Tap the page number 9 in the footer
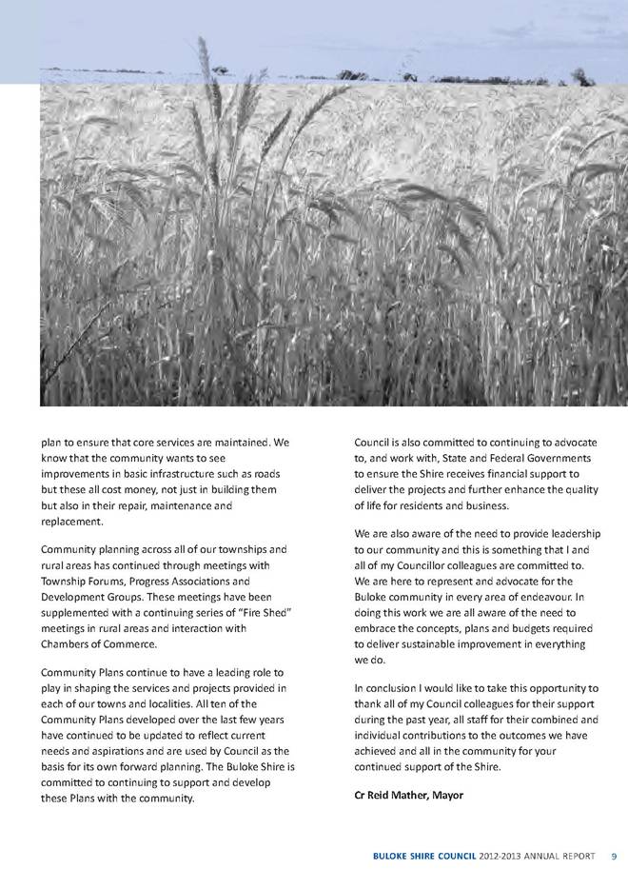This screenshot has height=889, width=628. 615,856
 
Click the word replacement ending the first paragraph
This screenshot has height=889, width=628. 72,523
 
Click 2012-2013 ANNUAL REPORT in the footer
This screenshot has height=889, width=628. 542,856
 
